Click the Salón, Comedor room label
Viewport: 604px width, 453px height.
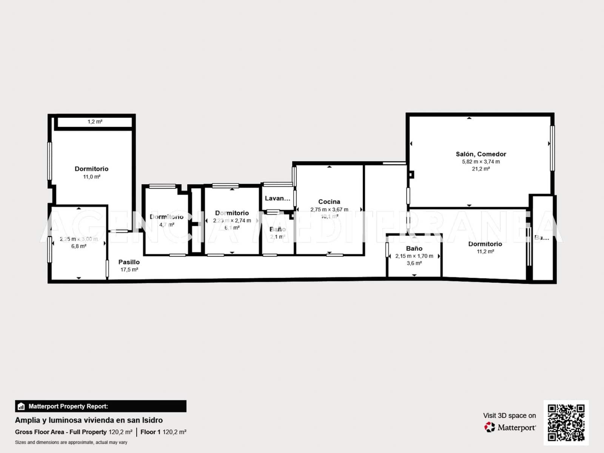[481, 154]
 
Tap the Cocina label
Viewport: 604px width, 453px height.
[329, 202]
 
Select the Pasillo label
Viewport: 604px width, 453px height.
[129, 262]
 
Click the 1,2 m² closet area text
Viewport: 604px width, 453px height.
[95, 122]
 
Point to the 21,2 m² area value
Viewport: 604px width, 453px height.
[481, 169]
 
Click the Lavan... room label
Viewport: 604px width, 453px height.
[277, 198]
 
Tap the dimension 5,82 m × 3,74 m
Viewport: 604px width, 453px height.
[481, 162]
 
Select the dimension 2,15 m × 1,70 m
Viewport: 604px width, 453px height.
[414, 256]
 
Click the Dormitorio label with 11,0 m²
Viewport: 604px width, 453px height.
[91, 169]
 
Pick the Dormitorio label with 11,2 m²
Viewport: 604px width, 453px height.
[485, 244]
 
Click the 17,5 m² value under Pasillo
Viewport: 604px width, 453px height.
[129, 270]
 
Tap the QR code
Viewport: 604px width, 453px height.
[566, 423]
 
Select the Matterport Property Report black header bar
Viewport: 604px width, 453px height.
[100, 406]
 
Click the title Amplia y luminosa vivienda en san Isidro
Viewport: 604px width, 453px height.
[89, 420]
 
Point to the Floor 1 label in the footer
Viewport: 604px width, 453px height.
[150, 432]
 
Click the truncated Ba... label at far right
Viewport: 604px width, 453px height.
[541, 237]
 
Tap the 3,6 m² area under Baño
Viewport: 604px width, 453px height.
[414, 263]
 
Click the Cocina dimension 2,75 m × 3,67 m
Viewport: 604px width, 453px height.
[329, 210]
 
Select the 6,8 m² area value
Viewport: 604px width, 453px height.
[79, 246]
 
